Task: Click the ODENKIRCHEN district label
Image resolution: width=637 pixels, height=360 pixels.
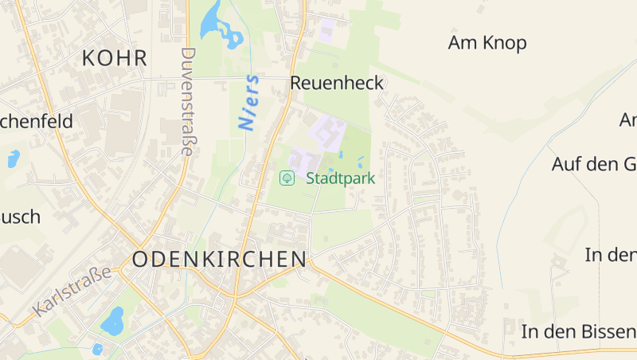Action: pyautogui.click(x=219, y=259)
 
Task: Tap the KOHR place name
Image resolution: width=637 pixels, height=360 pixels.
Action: pyautogui.click(x=115, y=58)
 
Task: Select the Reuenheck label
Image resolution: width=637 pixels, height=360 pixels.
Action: pyautogui.click(x=337, y=83)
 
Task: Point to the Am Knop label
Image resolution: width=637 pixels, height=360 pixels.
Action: pyautogui.click(x=487, y=43)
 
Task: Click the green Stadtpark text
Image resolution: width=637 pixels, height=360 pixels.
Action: pyautogui.click(x=340, y=178)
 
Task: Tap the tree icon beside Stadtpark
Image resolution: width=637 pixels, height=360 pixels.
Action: pyautogui.click(x=287, y=178)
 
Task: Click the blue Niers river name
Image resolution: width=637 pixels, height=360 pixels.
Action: pyautogui.click(x=249, y=103)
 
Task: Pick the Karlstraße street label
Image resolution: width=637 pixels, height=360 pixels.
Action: pyautogui.click(x=72, y=292)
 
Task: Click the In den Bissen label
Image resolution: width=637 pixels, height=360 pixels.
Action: pyautogui.click(x=578, y=331)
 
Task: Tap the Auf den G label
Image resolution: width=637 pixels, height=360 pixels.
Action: pyautogui.click(x=594, y=165)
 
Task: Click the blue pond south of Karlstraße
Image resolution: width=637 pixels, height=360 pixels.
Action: pyautogui.click(x=112, y=320)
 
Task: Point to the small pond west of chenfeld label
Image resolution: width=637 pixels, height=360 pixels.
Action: pyautogui.click(x=13, y=158)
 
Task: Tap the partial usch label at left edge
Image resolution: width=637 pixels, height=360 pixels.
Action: pyautogui.click(x=20, y=217)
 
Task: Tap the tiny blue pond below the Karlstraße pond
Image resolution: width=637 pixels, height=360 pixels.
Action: pyautogui.click(x=98, y=349)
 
